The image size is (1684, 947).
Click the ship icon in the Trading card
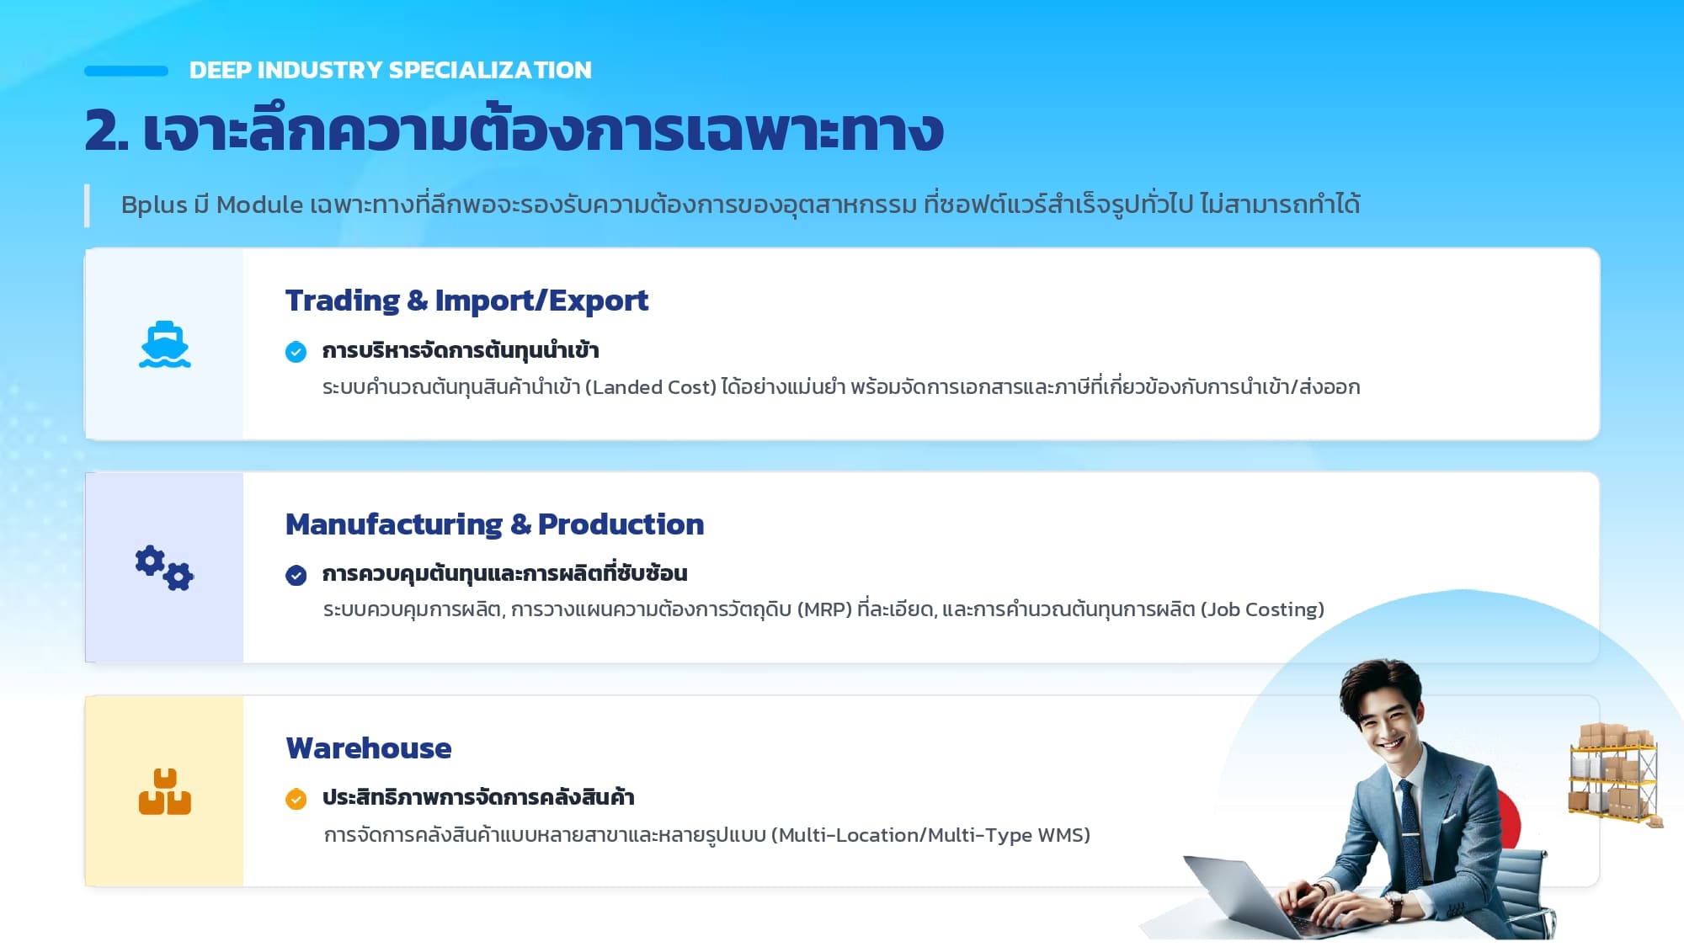tap(165, 344)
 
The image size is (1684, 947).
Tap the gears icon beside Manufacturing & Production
tap(164, 568)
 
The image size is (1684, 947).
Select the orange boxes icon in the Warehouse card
tap(165, 791)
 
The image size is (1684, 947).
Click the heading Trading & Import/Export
tap(466, 301)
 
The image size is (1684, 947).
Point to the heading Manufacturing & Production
tap(494, 524)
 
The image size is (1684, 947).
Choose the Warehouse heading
tap(369, 748)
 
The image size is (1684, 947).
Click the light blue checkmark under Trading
tap(296, 352)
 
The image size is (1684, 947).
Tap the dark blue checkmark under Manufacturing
tap(296, 575)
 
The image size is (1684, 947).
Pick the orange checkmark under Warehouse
tap(296, 799)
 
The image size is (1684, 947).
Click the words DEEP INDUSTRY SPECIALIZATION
tap(391, 70)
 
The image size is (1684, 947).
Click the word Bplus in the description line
tap(154, 205)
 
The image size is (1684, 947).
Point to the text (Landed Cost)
tap(651, 387)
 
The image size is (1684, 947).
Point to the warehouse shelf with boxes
tap(1615, 775)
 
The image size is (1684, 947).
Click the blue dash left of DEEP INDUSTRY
tap(126, 71)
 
